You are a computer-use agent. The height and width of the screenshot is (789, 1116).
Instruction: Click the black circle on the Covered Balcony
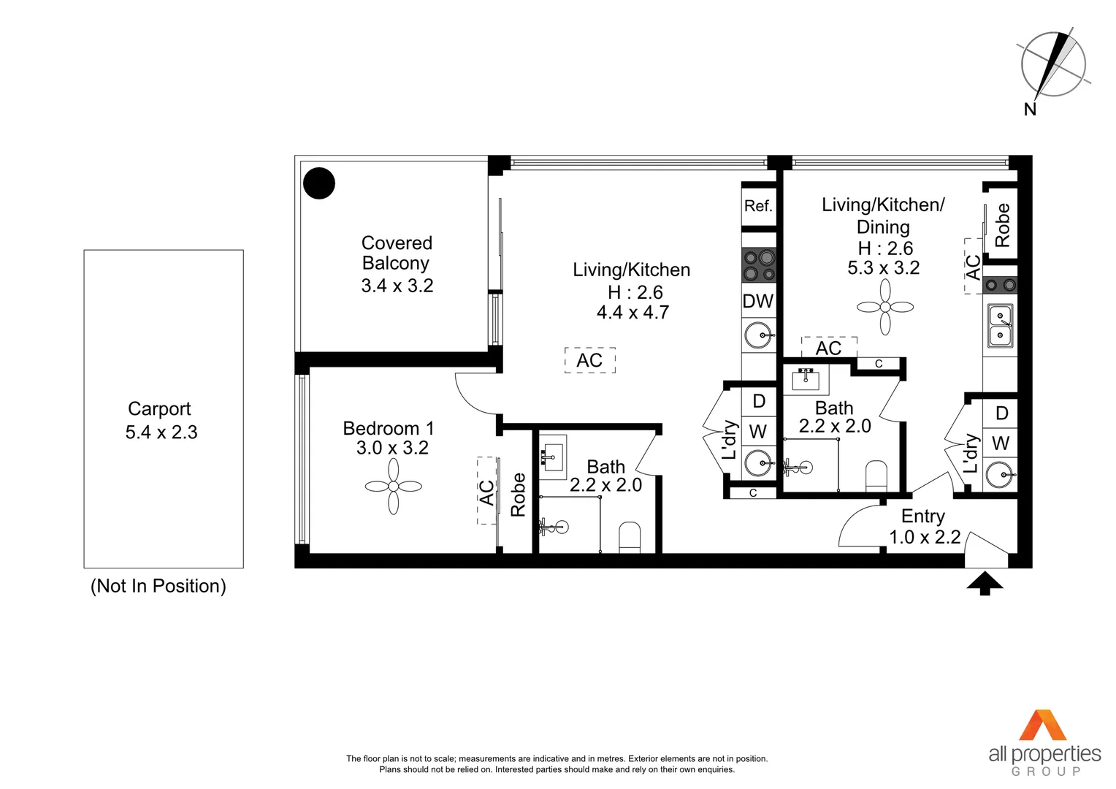point(318,183)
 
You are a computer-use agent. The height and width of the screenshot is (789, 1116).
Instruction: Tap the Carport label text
point(159,409)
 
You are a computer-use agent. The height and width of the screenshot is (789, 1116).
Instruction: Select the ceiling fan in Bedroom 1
point(394,487)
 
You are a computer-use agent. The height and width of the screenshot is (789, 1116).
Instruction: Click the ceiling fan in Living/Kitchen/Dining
point(885,308)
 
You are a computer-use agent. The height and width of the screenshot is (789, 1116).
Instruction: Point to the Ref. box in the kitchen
point(758,206)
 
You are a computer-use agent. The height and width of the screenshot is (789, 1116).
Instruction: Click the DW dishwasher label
point(758,301)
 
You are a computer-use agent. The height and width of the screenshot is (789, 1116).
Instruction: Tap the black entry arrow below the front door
point(985,583)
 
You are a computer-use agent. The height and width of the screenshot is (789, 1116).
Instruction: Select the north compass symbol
point(1052,66)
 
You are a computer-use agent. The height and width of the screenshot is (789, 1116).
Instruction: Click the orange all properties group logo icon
point(1044,725)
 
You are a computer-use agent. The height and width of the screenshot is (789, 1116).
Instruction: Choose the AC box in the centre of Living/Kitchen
point(590,360)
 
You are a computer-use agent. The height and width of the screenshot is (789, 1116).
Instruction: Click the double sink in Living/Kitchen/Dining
point(1000,326)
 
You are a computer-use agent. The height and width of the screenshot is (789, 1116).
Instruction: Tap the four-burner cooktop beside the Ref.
point(758,266)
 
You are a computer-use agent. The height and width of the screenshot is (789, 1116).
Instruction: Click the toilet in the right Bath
point(876,476)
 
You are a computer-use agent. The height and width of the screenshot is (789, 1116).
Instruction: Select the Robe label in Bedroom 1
point(518,495)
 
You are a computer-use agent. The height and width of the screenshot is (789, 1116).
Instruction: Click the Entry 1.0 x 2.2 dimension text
point(925,537)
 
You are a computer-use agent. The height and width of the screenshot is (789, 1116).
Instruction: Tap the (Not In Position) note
point(158,586)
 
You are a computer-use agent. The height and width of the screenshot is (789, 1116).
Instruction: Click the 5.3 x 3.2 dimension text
point(883,268)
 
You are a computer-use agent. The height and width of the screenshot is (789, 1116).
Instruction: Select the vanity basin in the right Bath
point(806,380)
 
